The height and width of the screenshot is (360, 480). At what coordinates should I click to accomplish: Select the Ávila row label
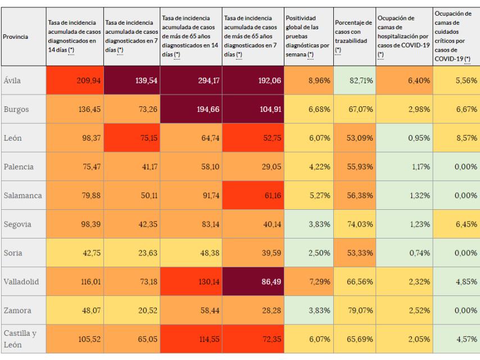[x=13, y=80]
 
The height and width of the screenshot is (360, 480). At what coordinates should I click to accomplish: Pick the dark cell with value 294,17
[x=191, y=80]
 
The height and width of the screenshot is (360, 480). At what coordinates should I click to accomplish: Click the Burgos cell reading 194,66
[x=191, y=109]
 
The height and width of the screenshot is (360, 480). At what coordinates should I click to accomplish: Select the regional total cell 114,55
[x=191, y=339]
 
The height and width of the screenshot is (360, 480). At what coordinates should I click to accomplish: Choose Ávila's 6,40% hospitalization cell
[x=403, y=80]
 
